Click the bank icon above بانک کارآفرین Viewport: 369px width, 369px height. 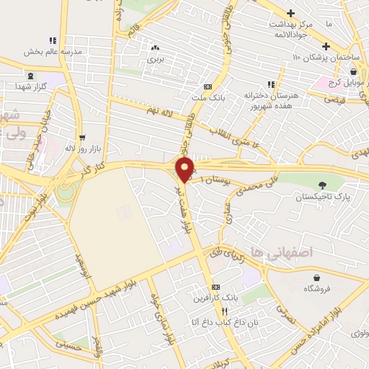point(214,287)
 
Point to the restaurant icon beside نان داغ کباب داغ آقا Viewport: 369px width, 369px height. point(224,311)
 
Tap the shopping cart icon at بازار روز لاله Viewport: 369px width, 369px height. point(82,137)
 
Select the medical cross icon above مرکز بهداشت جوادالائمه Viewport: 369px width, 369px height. point(290,13)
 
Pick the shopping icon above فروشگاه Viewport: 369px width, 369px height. point(316,277)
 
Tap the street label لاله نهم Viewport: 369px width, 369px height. point(161,110)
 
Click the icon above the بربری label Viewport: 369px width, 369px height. point(154,48)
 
